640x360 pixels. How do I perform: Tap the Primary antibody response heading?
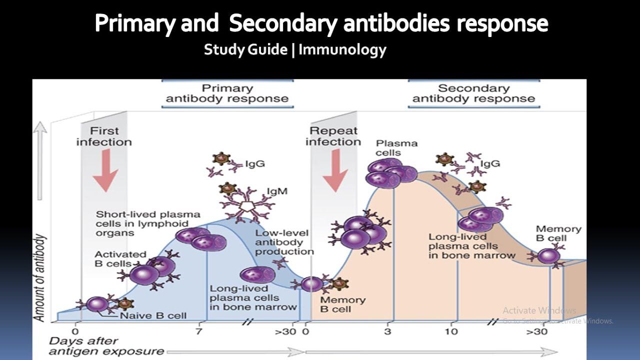(x=227, y=93)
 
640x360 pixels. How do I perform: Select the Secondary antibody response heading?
(x=473, y=93)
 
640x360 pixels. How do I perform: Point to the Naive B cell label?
(x=153, y=315)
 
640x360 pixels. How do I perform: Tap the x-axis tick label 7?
(x=198, y=331)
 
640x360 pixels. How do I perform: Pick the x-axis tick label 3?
(x=387, y=331)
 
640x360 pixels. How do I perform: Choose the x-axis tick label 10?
(x=451, y=331)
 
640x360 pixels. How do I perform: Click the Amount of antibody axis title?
(x=39, y=278)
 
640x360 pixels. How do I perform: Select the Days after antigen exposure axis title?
(x=106, y=345)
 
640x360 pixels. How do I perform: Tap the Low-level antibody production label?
(x=283, y=242)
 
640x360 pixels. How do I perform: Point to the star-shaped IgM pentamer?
(x=245, y=206)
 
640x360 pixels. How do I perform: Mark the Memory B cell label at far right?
(x=558, y=233)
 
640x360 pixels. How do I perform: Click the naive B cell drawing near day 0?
(x=97, y=304)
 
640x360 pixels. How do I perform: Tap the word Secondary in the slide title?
(x=282, y=23)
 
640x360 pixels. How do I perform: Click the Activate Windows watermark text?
(x=539, y=310)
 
